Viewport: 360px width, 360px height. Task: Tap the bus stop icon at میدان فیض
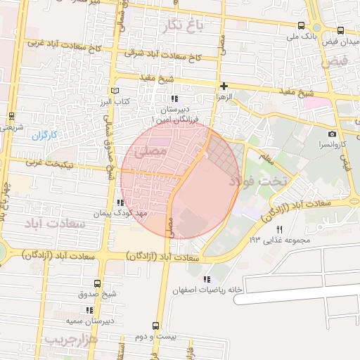tap(341, 31)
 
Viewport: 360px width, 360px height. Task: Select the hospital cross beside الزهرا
tap(224, 86)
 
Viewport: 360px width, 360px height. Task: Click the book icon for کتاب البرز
tap(115, 91)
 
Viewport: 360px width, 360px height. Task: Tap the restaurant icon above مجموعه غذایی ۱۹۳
tap(279, 229)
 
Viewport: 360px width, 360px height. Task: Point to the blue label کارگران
tap(43, 134)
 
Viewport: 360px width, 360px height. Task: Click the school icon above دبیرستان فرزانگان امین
tap(174, 98)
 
